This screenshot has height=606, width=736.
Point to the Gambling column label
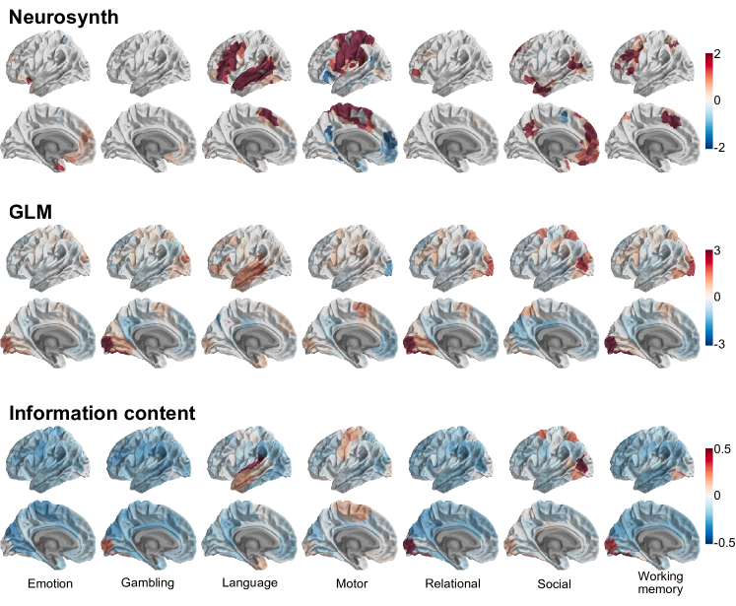click(148, 583)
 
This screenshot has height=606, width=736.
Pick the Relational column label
click(452, 583)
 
